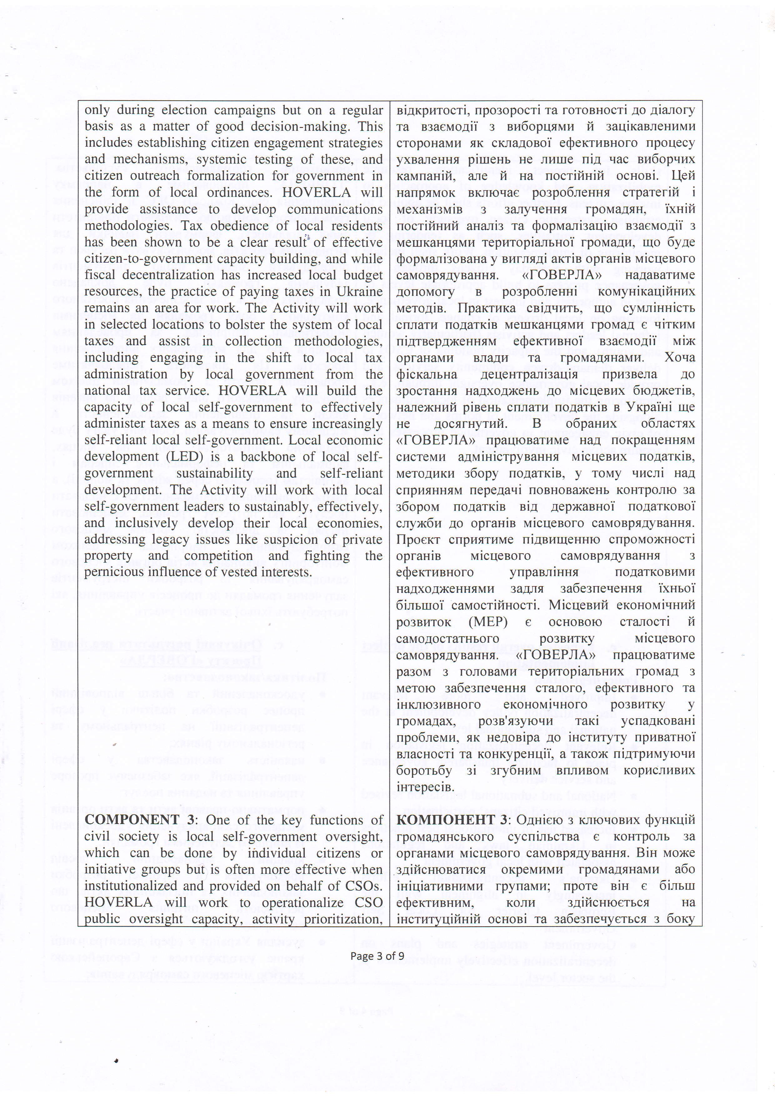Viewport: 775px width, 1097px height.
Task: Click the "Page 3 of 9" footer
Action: pos(377,956)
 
